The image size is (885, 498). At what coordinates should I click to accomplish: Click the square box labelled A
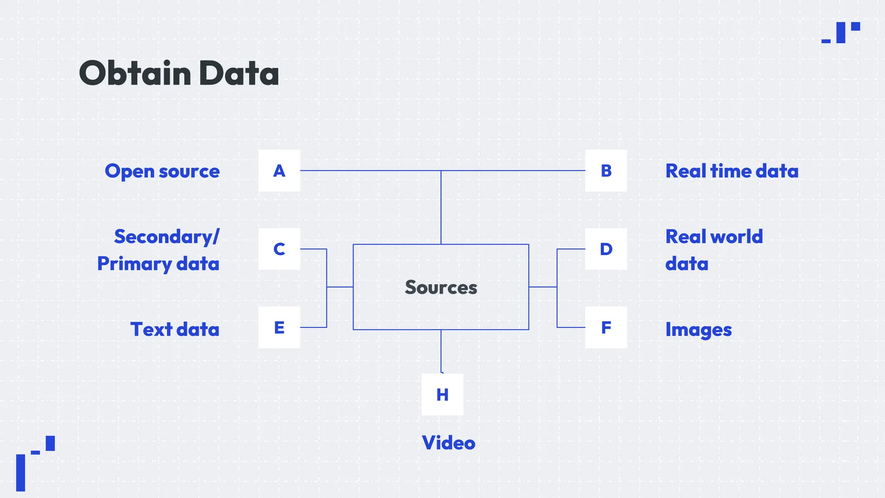pyautogui.click(x=279, y=171)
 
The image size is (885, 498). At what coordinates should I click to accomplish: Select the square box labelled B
pyautogui.click(x=606, y=171)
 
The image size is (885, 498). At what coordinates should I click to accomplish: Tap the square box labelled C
pyautogui.click(x=279, y=249)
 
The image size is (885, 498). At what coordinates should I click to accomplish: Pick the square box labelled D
pyautogui.click(x=606, y=249)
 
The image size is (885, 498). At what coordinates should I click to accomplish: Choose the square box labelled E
pyautogui.click(x=279, y=327)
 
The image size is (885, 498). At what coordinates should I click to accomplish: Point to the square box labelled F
pyautogui.click(x=606, y=327)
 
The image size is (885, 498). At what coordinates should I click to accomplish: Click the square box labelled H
pyautogui.click(x=442, y=394)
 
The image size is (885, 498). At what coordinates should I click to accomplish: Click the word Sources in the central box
pyautogui.click(x=441, y=287)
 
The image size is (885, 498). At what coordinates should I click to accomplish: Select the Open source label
pyautogui.click(x=162, y=171)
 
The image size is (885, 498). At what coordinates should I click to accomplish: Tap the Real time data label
pyautogui.click(x=732, y=171)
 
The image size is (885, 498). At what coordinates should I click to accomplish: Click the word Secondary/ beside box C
pyautogui.click(x=167, y=237)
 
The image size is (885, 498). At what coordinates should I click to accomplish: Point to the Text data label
pyautogui.click(x=175, y=329)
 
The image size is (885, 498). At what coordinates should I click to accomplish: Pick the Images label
pyautogui.click(x=698, y=330)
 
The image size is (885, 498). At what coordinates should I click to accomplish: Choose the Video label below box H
pyautogui.click(x=449, y=443)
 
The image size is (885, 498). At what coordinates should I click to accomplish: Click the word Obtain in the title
pyautogui.click(x=135, y=73)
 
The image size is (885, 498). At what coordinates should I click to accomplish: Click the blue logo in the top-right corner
pyautogui.click(x=840, y=32)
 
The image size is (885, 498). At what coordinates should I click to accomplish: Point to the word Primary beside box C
pyautogui.click(x=134, y=264)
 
